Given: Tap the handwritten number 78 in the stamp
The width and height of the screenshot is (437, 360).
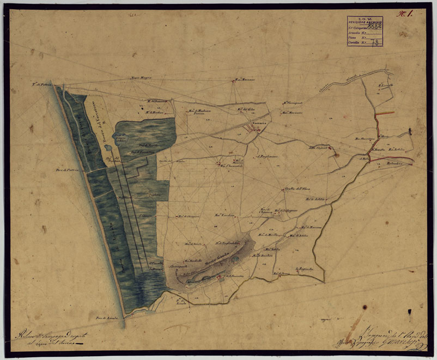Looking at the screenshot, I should pyautogui.click(x=375, y=42).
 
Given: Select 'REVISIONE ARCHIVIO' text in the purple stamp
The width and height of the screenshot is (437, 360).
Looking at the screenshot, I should pyautogui.click(x=365, y=21).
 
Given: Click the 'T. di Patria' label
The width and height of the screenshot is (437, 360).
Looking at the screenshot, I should pyautogui.click(x=40, y=86).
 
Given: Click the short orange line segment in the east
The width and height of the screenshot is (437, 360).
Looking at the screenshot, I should pyautogui.click(x=384, y=113).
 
